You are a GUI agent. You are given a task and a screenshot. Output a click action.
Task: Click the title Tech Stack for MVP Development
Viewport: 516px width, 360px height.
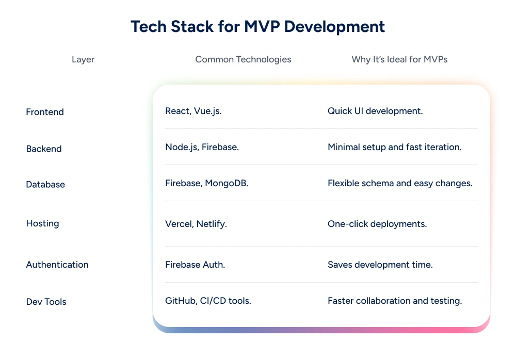(x=257, y=27)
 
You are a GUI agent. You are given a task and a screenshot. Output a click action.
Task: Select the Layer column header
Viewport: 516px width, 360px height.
(x=83, y=59)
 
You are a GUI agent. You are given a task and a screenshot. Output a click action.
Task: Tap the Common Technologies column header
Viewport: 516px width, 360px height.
(x=243, y=59)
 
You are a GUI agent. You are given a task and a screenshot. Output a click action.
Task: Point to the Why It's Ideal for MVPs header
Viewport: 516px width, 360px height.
(x=399, y=59)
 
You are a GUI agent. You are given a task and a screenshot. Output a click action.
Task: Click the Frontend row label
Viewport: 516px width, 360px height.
(x=45, y=112)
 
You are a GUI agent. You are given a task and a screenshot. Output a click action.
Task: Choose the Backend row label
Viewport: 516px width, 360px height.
(x=44, y=149)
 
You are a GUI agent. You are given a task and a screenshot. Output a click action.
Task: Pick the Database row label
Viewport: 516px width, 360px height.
(x=45, y=185)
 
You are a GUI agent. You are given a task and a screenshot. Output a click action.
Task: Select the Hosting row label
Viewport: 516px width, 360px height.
(x=42, y=223)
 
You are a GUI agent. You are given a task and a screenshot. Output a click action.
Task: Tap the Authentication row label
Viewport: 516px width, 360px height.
(x=57, y=265)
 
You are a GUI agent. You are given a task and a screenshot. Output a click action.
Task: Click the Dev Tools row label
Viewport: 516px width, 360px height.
(x=46, y=302)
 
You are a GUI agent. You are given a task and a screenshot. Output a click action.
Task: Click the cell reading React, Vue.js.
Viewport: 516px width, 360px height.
(x=193, y=111)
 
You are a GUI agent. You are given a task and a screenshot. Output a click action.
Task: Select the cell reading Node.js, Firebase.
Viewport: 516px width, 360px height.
(x=202, y=147)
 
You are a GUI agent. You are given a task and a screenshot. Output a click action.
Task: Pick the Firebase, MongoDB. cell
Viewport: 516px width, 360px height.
(x=206, y=183)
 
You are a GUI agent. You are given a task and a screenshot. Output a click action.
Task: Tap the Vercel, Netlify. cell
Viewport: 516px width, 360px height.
(x=196, y=224)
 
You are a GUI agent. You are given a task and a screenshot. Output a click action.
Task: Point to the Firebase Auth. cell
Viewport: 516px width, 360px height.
(x=195, y=265)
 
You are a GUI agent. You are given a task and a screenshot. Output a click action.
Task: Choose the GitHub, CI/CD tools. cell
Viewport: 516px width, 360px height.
(x=208, y=301)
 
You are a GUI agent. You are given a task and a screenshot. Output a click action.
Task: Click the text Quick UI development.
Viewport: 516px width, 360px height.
(x=375, y=111)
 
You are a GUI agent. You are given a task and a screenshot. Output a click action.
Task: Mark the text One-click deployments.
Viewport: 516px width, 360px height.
(x=377, y=224)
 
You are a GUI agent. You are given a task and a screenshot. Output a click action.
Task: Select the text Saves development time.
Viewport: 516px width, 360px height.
(x=380, y=265)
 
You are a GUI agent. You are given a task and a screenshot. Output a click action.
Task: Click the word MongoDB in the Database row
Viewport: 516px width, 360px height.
(x=227, y=183)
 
